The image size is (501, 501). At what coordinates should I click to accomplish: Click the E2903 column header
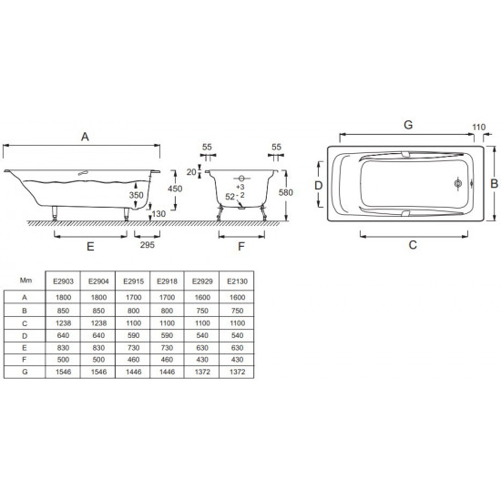pos(63,281)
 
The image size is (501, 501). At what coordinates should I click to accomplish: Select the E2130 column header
pos(237,281)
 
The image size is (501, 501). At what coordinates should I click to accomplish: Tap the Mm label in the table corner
pos(26,281)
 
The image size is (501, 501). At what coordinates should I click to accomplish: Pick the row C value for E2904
pos(98,323)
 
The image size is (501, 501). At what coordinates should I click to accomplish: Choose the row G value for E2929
pos(202,372)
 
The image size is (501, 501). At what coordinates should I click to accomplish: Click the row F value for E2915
pos(133,360)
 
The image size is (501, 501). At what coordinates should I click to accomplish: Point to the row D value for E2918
pos(167,335)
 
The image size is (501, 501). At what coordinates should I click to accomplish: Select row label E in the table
pos(25,348)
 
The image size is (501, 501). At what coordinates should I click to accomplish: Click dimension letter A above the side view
pos(85,137)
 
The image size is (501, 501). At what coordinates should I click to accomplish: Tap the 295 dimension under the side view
pos(147,245)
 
